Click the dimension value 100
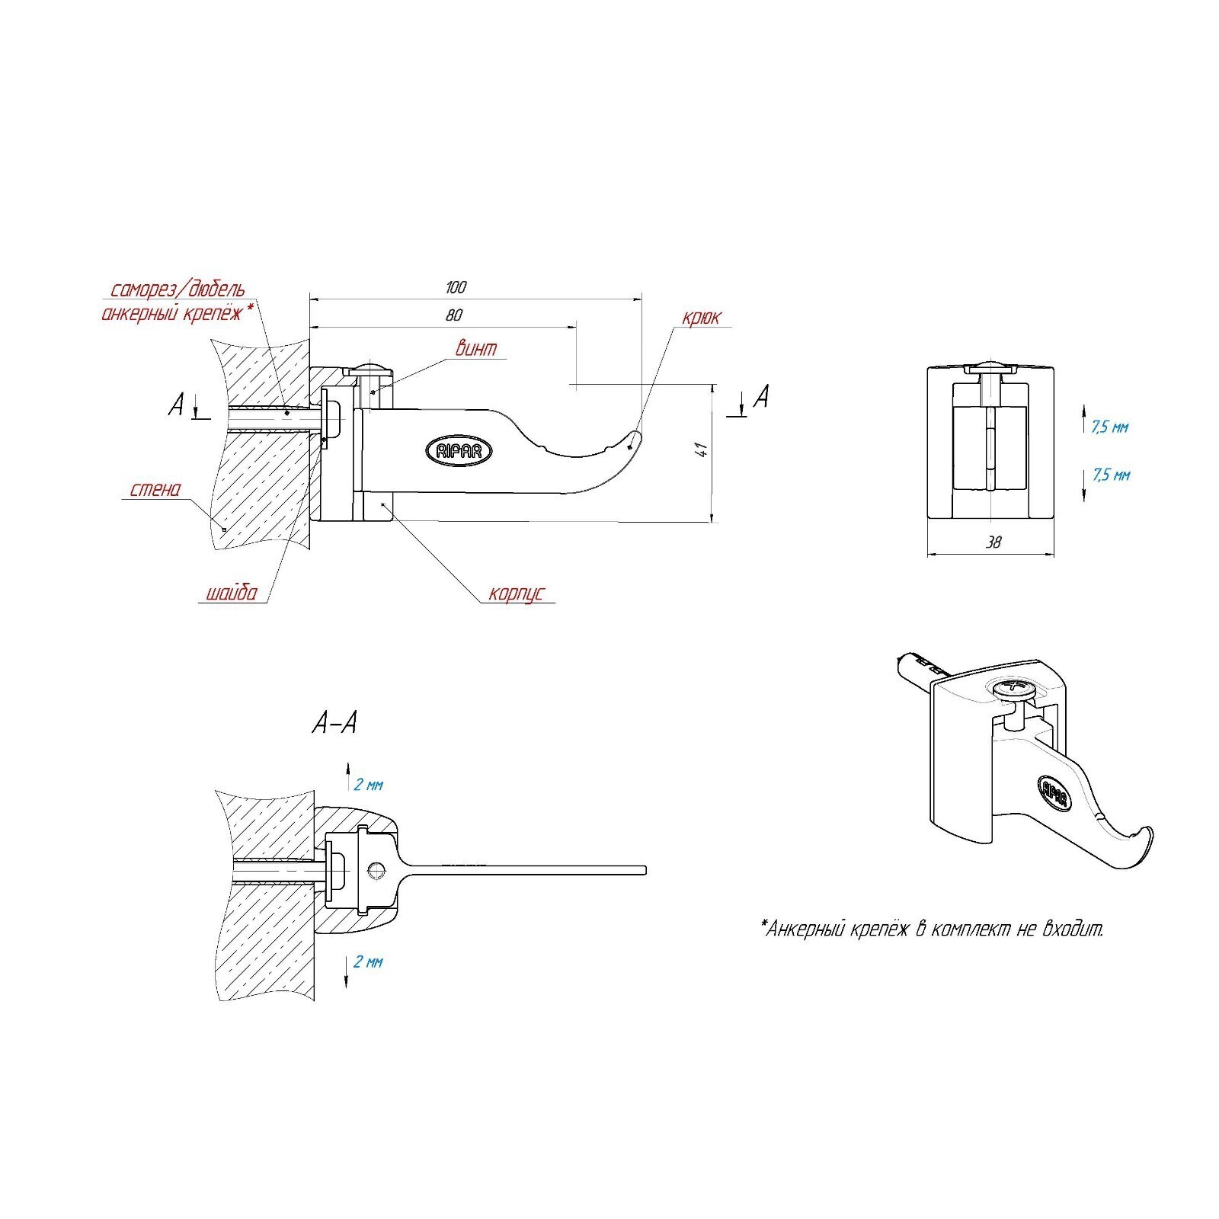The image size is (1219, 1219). [456, 287]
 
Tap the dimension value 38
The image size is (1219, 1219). [993, 542]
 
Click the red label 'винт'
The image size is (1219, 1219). [476, 349]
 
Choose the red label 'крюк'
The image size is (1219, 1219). [700, 317]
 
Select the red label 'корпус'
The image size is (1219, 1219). [517, 594]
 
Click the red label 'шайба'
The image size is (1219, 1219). [232, 593]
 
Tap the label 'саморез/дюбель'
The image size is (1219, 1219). [178, 290]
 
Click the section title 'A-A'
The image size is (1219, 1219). [334, 723]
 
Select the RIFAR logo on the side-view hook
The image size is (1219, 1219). [459, 451]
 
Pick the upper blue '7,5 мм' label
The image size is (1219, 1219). [1110, 427]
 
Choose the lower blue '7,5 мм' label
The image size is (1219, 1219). [1110, 475]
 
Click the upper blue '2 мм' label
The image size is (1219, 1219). [369, 785]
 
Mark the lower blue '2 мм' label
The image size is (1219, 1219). [369, 962]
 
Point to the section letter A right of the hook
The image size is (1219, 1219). [761, 395]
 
